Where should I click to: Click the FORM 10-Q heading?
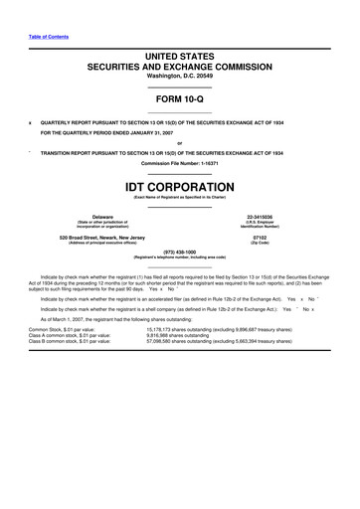point(179,99)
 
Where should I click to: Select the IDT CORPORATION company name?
point(179,185)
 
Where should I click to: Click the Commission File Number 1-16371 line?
point(179,162)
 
